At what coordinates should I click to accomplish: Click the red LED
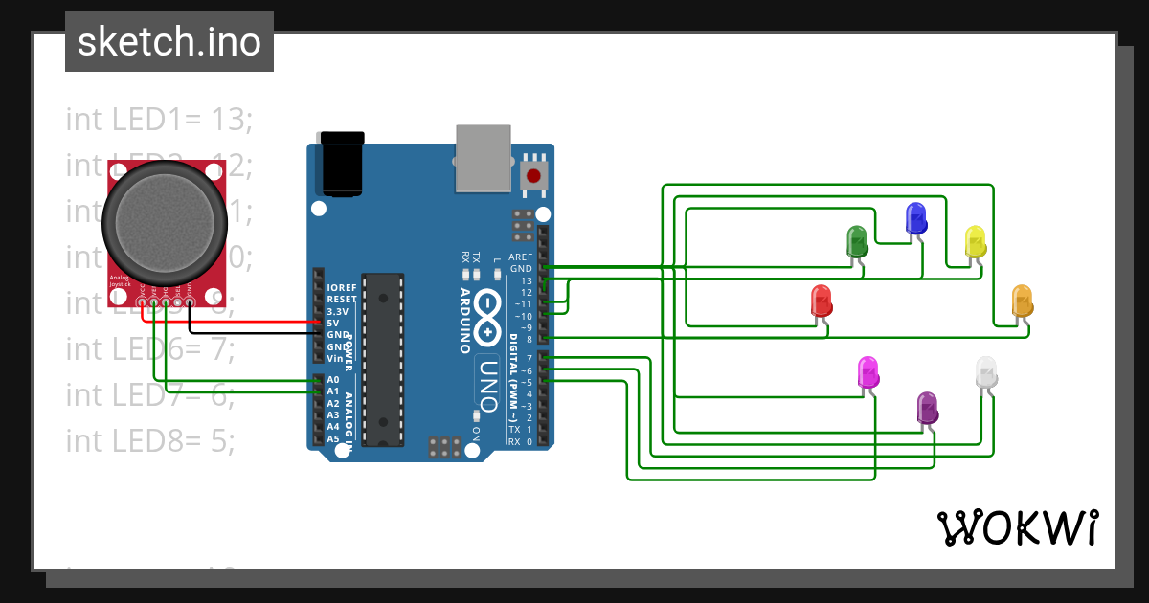pyautogui.click(x=822, y=301)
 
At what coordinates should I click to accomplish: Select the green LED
pyautogui.click(x=856, y=240)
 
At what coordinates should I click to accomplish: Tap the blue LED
pyautogui.click(x=916, y=218)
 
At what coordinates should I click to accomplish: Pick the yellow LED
pyautogui.click(x=975, y=241)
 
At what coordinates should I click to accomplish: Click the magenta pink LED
pyautogui.click(x=867, y=372)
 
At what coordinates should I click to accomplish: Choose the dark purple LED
pyautogui.click(x=927, y=408)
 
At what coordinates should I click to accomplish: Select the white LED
pyautogui.click(x=985, y=372)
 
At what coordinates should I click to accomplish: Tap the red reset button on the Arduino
pyautogui.click(x=532, y=176)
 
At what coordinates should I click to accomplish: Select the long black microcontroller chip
pyautogui.click(x=382, y=359)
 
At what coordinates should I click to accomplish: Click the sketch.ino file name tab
pyautogui.click(x=169, y=42)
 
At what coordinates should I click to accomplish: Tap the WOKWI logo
pyautogui.click(x=1017, y=527)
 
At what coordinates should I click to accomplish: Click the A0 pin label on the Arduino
pyautogui.click(x=333, y=380)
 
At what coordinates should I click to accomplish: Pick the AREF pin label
pyautogui.click(x=520, y=257)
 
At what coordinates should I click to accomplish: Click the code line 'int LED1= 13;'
pyautogui.click(x=159, y=119)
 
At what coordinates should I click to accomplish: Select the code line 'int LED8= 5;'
pyautogui.click(x=150, y=440)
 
